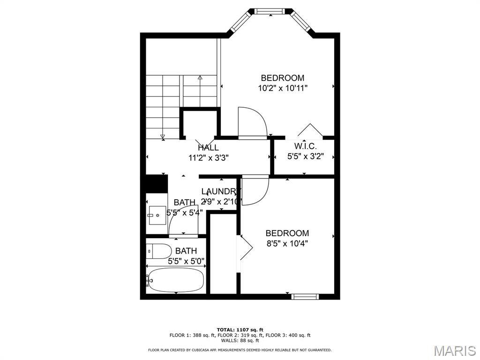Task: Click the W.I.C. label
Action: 306,146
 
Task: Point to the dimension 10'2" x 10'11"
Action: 283,88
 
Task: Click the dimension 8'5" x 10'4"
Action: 287,243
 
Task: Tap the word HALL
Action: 208,148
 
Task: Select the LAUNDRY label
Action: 220,191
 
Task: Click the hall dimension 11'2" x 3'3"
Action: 208,158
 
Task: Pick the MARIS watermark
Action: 454,351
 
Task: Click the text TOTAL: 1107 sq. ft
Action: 240,330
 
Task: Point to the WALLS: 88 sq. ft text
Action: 240,341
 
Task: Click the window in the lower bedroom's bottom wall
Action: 305,296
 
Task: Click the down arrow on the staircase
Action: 163,136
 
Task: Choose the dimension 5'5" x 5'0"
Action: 186,261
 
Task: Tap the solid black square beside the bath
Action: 157,183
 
